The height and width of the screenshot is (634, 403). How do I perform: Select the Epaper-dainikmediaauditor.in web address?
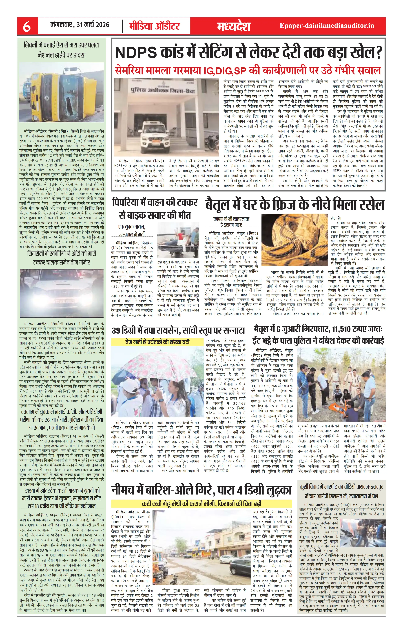(327, 26)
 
